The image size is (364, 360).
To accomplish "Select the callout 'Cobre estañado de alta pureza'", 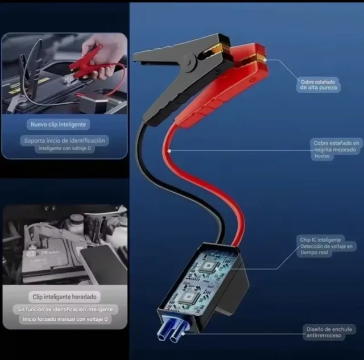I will point(320,85).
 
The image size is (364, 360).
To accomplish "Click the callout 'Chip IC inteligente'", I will point(320,240).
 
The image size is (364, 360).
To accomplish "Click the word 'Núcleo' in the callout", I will point(321,156).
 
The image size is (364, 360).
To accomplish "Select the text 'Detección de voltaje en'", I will point(328,246).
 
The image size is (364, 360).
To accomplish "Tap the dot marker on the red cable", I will point(170,151).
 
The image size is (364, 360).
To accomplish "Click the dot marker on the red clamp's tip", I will point(265,59).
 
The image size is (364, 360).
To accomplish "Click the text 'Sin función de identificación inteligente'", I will point(65,309).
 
